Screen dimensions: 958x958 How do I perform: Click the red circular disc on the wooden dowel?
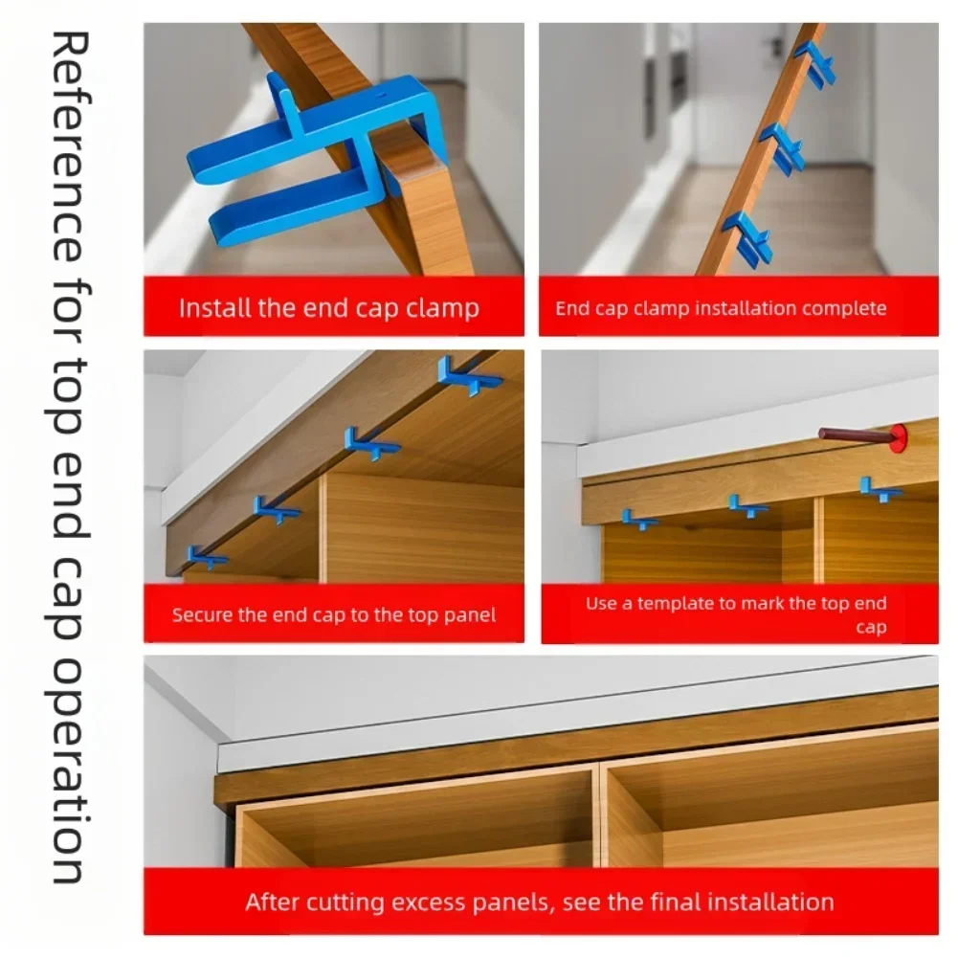coord(898,438)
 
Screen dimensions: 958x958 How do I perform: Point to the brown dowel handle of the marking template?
coord(856,435)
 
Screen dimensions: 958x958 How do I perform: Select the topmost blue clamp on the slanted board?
coord(815,63)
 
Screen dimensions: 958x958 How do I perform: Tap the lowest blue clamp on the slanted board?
coord(747,238)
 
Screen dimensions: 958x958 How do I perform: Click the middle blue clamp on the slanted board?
coord(783,148)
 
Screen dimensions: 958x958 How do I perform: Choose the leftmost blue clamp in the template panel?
coord(638,520)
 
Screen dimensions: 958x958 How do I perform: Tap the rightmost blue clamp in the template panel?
coord(880,489)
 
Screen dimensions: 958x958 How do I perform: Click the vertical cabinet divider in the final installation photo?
coord(596,815)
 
